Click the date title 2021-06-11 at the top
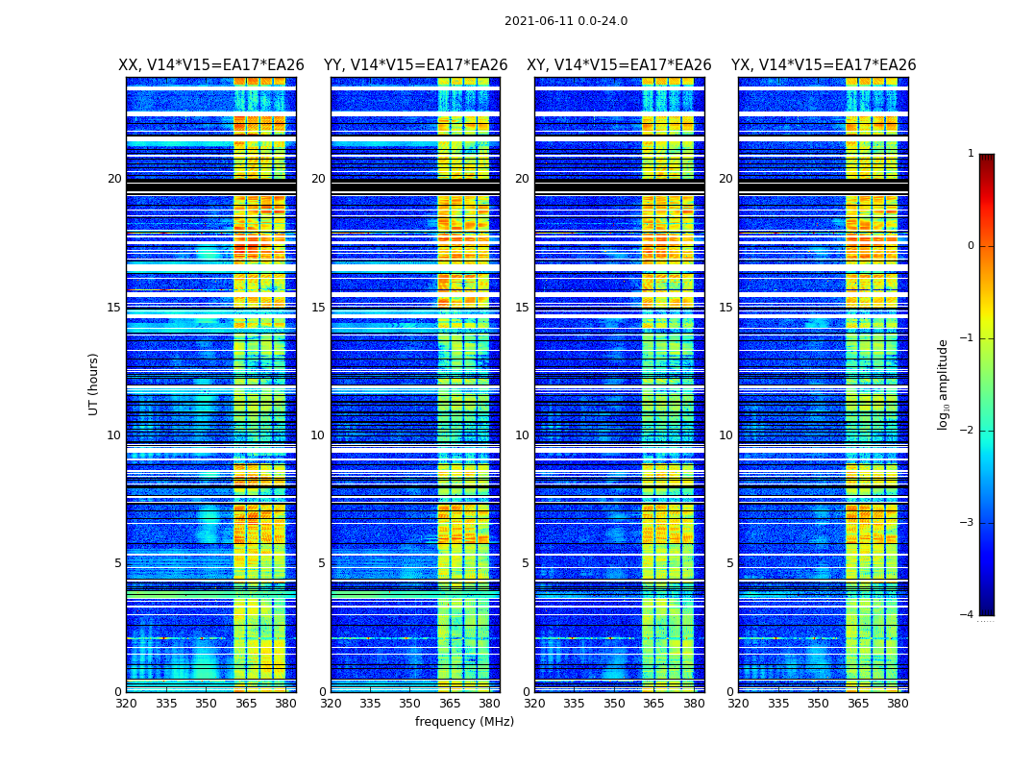[565, 21]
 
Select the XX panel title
[211, 65]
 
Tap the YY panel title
[415, 65]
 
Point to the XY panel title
[619, 65]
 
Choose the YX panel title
[824, 65]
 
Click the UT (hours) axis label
[94, 384]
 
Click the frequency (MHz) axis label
[464, 722]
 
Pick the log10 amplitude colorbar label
[944, 384]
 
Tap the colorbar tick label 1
[970, 154]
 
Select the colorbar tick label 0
[970, 246]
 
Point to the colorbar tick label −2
[968, 431]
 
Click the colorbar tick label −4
[968, 615]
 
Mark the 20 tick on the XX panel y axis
[114, 179]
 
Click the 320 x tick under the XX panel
[126, 704]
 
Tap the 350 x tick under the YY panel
[410, 704]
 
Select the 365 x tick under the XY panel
[653, 704]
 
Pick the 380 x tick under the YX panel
[898, 704]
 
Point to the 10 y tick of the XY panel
[521, 435]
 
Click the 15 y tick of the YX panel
[726, 308]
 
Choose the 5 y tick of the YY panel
[321, 563]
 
